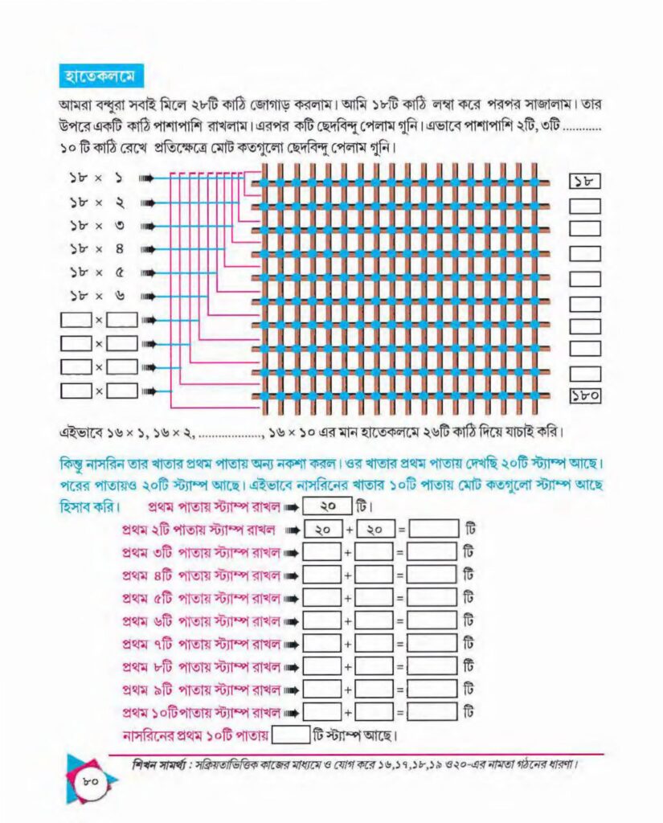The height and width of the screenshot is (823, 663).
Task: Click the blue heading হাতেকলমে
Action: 100,76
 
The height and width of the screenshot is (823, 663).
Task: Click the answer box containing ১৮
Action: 585,182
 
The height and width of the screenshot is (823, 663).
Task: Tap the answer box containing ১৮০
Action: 585,395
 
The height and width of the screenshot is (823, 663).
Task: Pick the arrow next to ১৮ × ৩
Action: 146,226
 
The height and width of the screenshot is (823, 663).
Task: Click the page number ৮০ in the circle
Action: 90,781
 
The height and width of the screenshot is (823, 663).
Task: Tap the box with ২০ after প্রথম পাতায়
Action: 328,506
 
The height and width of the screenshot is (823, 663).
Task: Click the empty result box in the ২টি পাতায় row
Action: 434,529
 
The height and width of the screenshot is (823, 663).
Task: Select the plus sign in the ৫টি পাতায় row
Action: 347,599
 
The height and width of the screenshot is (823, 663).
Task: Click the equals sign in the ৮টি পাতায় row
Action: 400,667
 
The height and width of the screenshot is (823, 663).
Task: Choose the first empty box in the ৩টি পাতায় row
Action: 321,552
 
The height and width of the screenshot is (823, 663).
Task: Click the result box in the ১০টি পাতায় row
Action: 432,713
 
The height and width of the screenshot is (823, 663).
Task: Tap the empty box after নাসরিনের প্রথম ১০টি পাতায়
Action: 291,735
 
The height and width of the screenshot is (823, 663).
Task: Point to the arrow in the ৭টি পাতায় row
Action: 291,645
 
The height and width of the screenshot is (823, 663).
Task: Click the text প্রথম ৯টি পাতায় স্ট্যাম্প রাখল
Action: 201,690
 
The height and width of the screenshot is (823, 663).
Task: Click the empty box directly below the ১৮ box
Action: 585,206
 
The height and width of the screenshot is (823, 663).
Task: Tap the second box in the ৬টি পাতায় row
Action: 374,621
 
